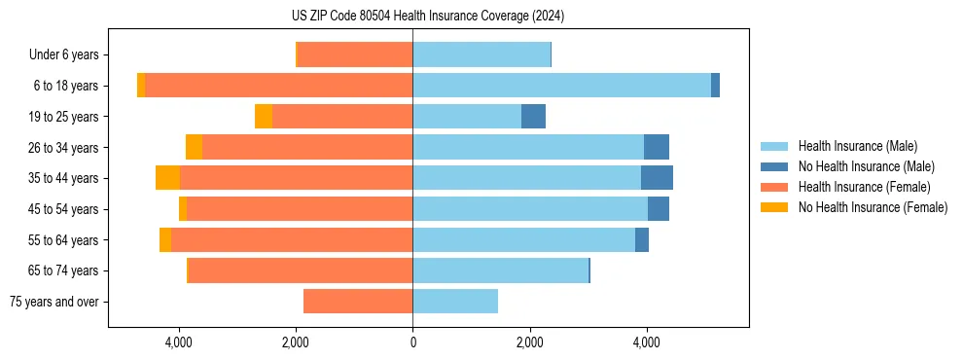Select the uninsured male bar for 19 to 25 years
[x=533, y=117]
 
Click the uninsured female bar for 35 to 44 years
[x=167, y=178]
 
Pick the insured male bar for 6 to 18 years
[x=561, y=86]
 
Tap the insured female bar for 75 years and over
[x=358, y=302]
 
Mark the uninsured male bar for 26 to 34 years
[x=657, y=147]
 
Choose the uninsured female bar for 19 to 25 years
[x=264, y=117]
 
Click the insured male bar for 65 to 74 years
[x=500, y=270]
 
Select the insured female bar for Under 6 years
[x=355, y=54]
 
